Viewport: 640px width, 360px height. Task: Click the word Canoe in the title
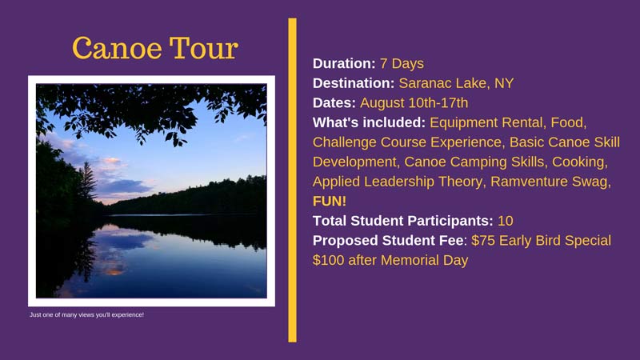click(117, 48)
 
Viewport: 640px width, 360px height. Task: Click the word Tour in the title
click(204, 48)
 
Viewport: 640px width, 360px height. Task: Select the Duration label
click(344, 63)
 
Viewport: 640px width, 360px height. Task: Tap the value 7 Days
click(402, 64)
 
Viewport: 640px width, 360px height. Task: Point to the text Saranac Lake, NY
click(456, 83)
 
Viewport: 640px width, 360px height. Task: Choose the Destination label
click(354, 83)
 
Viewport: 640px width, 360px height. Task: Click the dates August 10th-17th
click(414, 103)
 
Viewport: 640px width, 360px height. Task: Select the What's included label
click(369, 122)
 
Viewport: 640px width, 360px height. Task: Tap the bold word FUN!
click(330, 202)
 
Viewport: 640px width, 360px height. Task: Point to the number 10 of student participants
click(506, 221)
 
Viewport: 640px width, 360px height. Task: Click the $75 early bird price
click(481, 241)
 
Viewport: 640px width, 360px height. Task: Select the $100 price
click(328, 260)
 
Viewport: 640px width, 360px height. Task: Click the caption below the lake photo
click(86, 314)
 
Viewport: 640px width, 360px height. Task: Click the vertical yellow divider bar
click(292, 180)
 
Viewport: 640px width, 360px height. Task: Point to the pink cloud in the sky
click(111, 161)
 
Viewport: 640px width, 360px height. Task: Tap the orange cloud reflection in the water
click(114, 270)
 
